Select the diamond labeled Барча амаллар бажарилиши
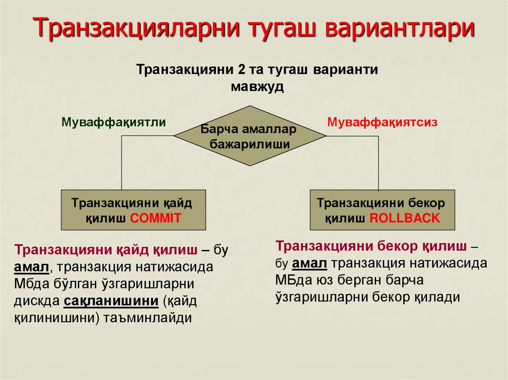pyautogui.click(x=249, y=136)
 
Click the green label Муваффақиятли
pyautogui.click(x=114, y=122)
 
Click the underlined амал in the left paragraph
pyautogui.click(x=32, y=267)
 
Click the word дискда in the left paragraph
pyautogui.click(x=37, y=301)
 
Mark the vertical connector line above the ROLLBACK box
pyautogui.click(x=379, y=163)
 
